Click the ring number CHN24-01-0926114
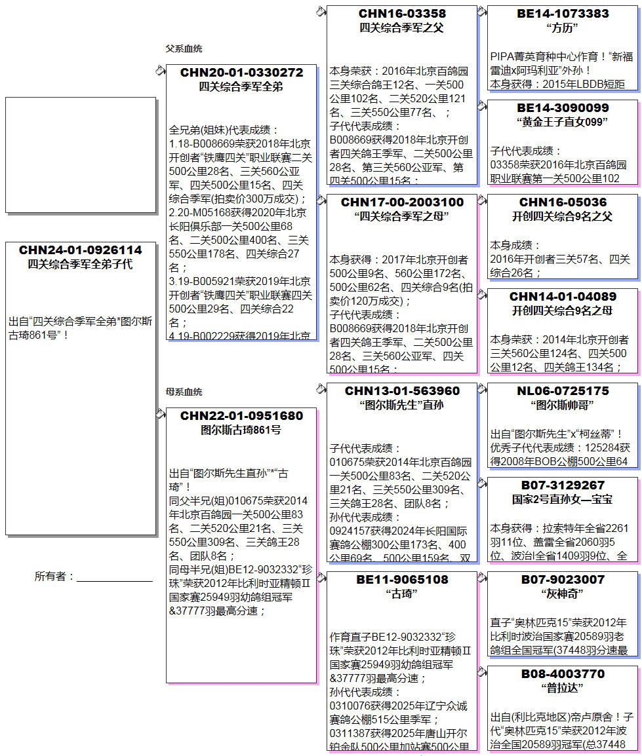click(80, 250)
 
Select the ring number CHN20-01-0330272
click(241, 72)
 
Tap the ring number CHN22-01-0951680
click(241, 416)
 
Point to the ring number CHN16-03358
click(402, 14)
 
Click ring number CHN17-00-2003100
click(402, 202)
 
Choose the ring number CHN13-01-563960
click(402, 391)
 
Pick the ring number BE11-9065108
click(402, 580)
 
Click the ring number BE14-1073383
click(563, 14)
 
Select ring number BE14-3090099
click(563, 108)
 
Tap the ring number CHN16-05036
click(563, 202)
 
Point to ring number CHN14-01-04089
click(563, 297)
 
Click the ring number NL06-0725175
click(563, 391)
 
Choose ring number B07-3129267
click(563, 485)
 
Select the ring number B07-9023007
click(563, 580)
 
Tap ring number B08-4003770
click(563, 674)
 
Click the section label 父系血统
click(184, 49)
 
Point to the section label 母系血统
click(184, 392)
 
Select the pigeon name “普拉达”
click(563, 689)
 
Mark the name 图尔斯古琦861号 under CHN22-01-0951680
click(241, 430)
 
